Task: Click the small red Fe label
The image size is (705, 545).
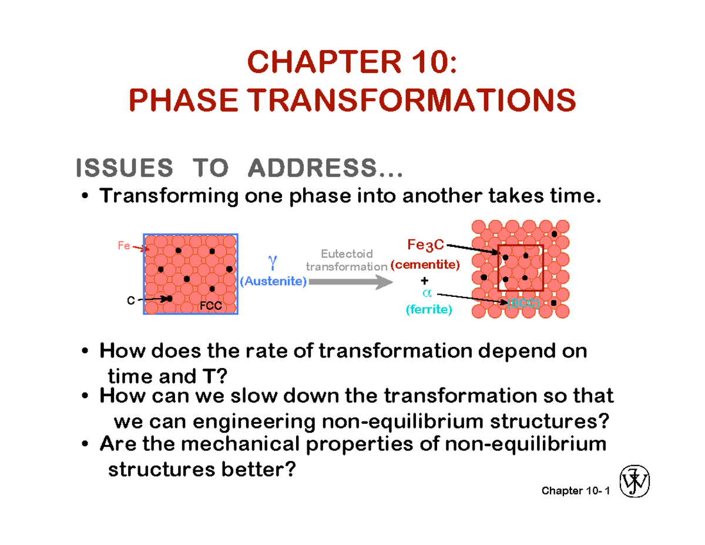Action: [x=123, y=246]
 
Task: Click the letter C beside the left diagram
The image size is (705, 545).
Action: [x=130, y=300]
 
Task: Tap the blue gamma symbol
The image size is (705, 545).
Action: [x=271, y=260]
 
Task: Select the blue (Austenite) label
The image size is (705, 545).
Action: [x=273, y=282]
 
